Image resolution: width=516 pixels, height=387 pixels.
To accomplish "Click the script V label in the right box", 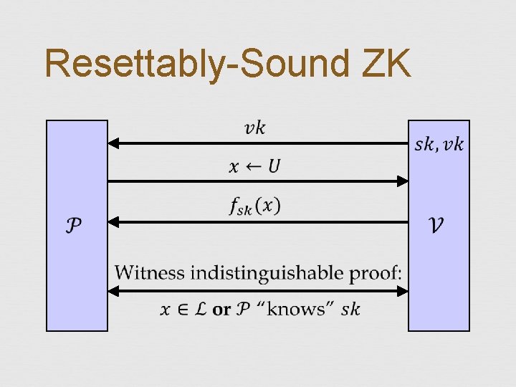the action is click(x=436, y=225).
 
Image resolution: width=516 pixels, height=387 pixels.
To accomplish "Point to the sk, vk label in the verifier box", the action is click(x=439, y=145).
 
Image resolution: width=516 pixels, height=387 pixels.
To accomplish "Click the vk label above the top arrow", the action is click(x=254, y=128).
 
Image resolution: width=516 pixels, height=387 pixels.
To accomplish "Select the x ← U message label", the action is click(x=255, y=167).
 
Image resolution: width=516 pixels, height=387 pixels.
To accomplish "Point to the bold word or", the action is click(x=221, y=310).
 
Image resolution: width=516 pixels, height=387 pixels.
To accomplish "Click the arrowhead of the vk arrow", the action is click(x=113, y=143).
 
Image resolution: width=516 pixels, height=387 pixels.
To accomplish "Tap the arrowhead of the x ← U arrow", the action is click(x=403, y=182).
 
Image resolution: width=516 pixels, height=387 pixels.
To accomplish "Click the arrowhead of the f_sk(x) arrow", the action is click(x=113, y=222).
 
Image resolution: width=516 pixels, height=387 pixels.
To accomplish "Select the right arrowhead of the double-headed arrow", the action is click(x=403, y=291).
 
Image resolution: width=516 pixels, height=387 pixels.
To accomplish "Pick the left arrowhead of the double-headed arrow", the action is click(x=113, y=291).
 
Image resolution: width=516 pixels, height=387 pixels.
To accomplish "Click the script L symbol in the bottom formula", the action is click(x=201, y=310).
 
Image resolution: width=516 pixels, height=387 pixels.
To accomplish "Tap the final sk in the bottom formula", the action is click(x=351, y=310).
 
